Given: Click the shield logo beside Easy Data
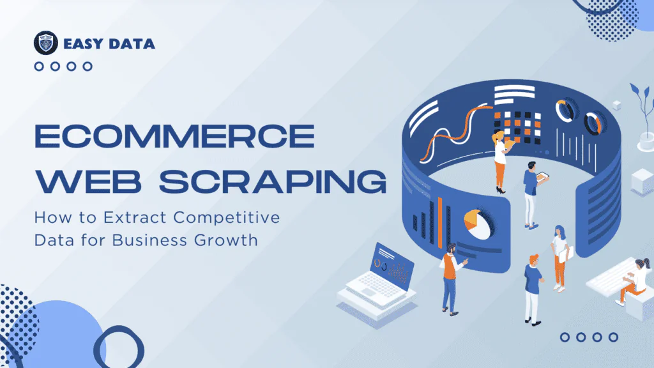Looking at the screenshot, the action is pyautogui.click(x=46, y=43).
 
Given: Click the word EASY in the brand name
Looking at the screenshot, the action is pyautogui.click(x=83, y=44).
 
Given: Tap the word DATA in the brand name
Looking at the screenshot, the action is pyautogui.click(x=132, y=44).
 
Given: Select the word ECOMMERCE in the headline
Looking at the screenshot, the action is pyautogui.click(x=175, y=136).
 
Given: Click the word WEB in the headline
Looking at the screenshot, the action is pyautogui.click(x=88, y=181).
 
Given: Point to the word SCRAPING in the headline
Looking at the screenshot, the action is pyautogui.click(x=273, y=181).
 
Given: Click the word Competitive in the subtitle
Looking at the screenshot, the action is pyautogui.click(x=227, y=217).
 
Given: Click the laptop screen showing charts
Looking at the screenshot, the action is pyautogui.click(x=393, y=264).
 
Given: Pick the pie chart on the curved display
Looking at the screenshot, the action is pyautogui.click(x=477, y=224).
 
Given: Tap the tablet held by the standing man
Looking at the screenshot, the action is pyautogui.click(x=543, y=178).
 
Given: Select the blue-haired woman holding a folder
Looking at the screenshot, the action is pyautogui.click(x=561, y=258).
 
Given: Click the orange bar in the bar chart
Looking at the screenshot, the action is pyautogui.click(x=440, y=222).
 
